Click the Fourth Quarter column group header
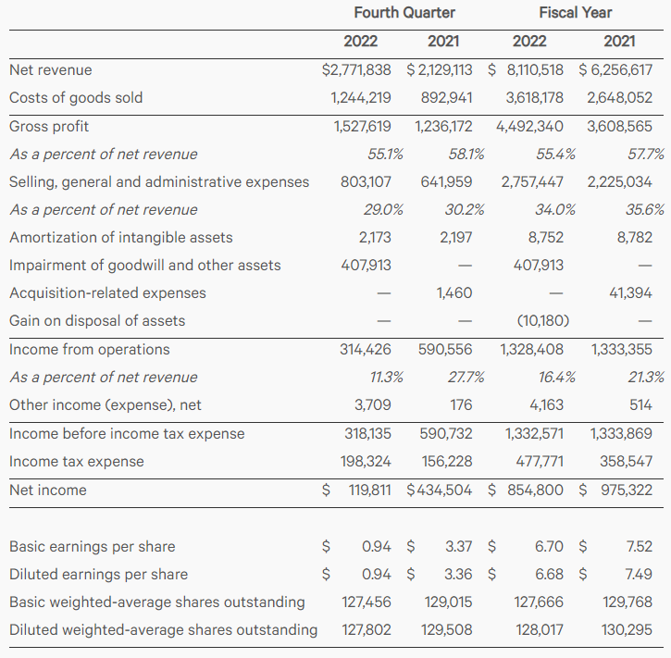404,13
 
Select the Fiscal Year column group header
575,13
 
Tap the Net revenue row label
51,69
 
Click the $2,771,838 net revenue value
356,69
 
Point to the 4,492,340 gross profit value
530,126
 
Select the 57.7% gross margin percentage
645,154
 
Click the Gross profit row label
49,126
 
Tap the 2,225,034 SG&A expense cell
619,181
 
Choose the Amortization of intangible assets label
121,238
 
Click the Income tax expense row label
77,461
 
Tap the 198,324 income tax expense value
366,461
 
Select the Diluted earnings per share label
99,574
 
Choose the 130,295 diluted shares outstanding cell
627,630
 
